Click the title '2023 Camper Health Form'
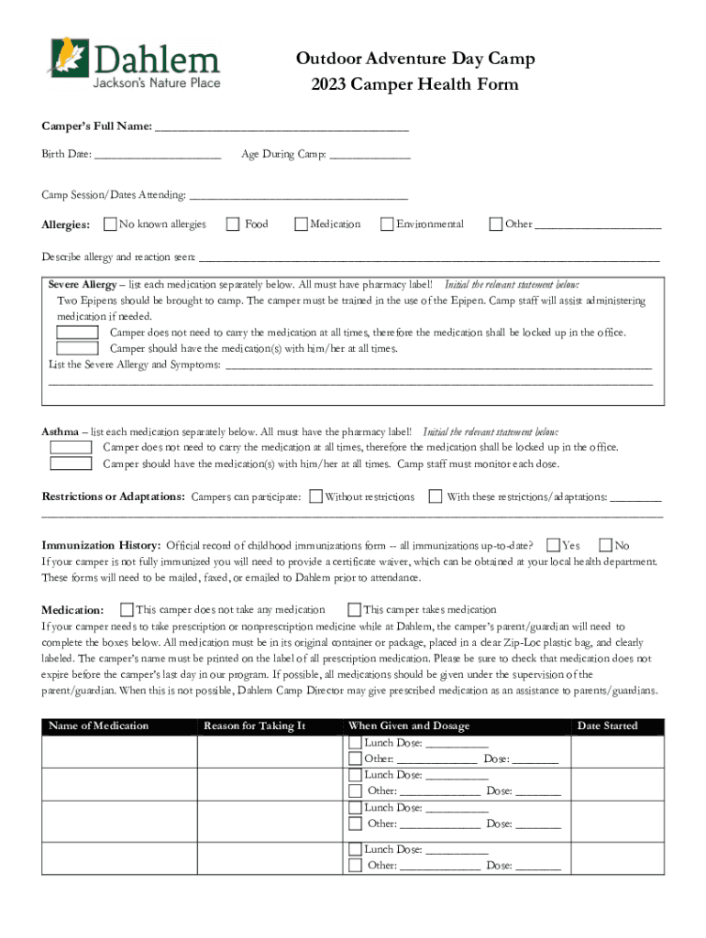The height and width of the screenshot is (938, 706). click(414, 85)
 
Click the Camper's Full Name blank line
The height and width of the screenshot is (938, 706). click(281, 126)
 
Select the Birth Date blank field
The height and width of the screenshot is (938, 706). click(157, 156)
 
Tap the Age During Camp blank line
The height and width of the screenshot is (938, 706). click(370, 156)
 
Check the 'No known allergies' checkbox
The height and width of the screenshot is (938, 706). click(111, 224)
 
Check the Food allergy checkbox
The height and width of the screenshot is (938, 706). click(233, 224)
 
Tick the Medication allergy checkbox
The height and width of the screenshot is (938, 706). click(300, 224)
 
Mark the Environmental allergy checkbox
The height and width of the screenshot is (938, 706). click(387, 224)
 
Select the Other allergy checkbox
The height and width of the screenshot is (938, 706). click(496, 224)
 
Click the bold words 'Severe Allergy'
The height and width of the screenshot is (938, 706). click(83, 285)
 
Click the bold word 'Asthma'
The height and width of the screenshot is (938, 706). click(61, 431)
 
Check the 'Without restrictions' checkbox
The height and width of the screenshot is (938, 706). click(315, 496)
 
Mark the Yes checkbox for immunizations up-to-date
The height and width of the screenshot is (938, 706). click(553, 545)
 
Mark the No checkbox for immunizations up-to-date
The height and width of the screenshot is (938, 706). click(605, 545)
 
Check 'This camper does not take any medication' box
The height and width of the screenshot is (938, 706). click(127, 609)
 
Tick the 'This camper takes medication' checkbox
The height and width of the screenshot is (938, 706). click(355, 609)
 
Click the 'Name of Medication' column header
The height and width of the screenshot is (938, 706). click(98, 726)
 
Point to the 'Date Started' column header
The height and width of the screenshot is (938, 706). click(606, 726)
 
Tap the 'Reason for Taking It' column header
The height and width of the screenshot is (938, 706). click(254, 726)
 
